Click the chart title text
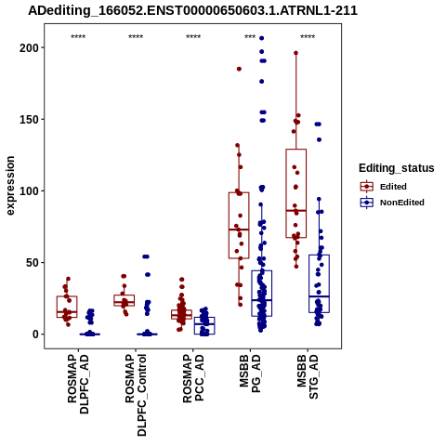pyautogui.click(x=192, y=10)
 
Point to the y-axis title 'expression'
pyautogui.click(x=10, y=186)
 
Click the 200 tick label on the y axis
pyautogui.click(x=28, y=47)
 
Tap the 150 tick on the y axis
pyautogui.click(x=28, y=119)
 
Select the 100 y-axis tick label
pyautogui.click(x=28, y=190)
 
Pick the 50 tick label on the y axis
pyautogui.click(x=32, y=262)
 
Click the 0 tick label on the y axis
pyautogui.click(x=34, y=334)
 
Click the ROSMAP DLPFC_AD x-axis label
pyautogui.click(x=78, y=384)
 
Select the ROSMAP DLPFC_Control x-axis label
pyautogui.click(x=136, y=395)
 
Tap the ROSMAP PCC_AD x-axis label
pyautogui.click(x=193, y=378)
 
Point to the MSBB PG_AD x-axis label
pyautogui.click(x=250, y=374)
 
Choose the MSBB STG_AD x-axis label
pyautogui.click(x=308, y=377)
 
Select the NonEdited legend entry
pyautogui.click(x=392, y=203)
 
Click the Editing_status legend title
pyautogui.click(x=397, y=168)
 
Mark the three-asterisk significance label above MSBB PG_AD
pyautogui.click(x=250, y=37)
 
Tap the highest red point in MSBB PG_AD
pyautogui.click(x=239, y=69)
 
